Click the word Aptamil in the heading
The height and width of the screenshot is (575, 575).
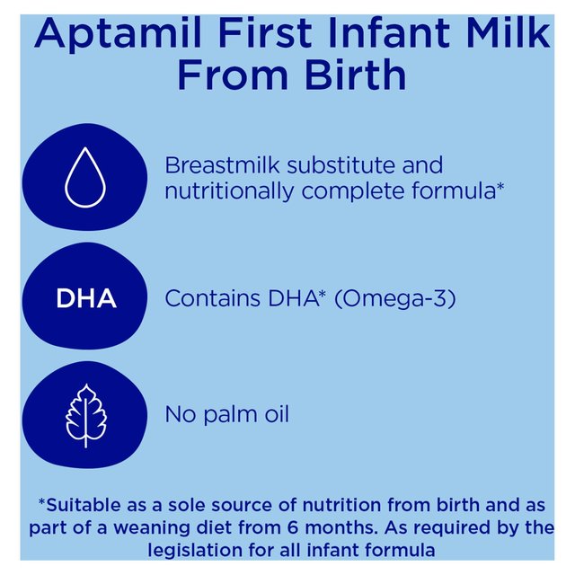[114, 36]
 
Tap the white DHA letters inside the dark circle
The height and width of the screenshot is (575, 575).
[86, 299]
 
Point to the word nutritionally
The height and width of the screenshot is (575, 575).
[229, 191]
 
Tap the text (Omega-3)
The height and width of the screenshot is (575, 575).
[394, 298]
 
